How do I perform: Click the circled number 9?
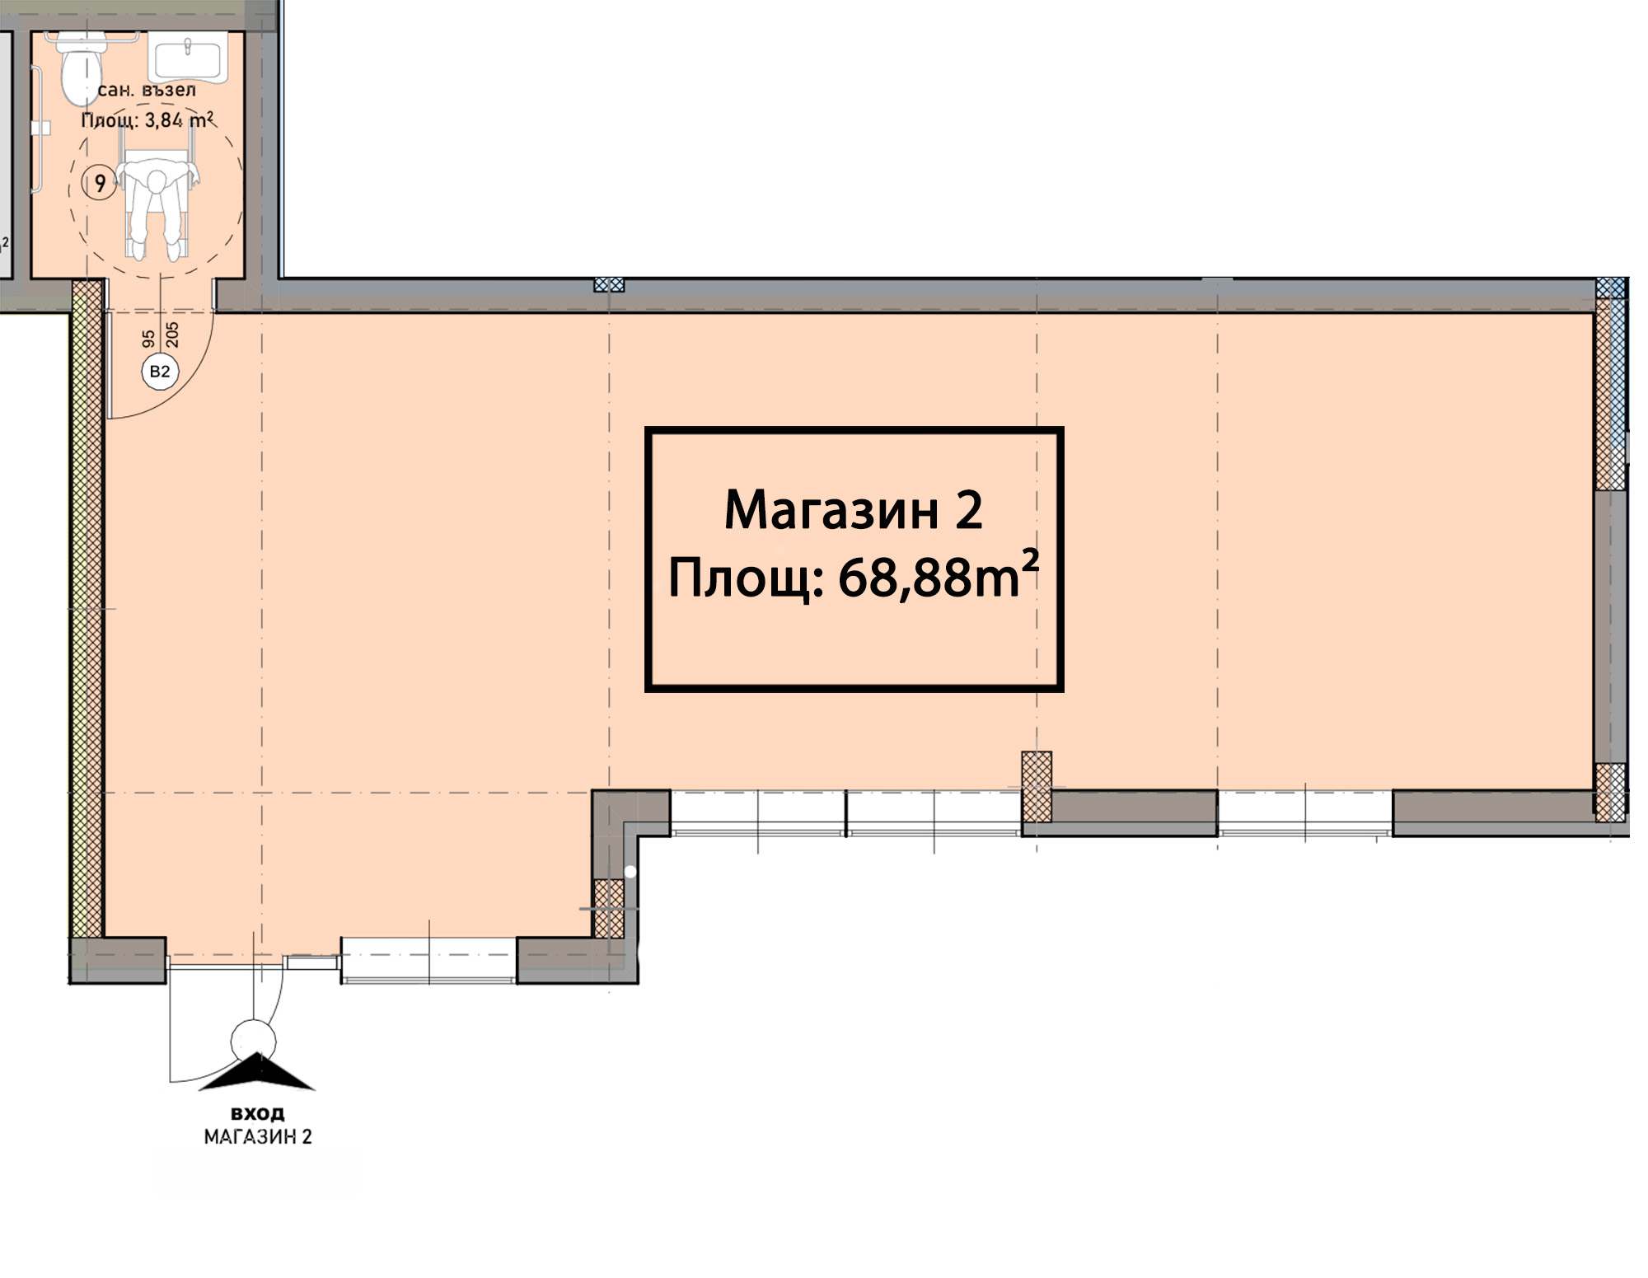(100, 182)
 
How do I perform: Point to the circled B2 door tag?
(160, 372)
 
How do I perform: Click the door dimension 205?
(172, 335)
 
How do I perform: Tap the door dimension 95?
(148, 339)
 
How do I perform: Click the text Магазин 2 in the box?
(853, 510)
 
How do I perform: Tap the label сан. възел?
(147, 90)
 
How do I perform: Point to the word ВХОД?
(258, 1114)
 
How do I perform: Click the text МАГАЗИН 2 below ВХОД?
(258, 1137)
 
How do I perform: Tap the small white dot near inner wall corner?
(630, 871)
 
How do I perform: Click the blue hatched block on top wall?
(609, 284)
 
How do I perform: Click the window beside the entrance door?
(428, 960)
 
